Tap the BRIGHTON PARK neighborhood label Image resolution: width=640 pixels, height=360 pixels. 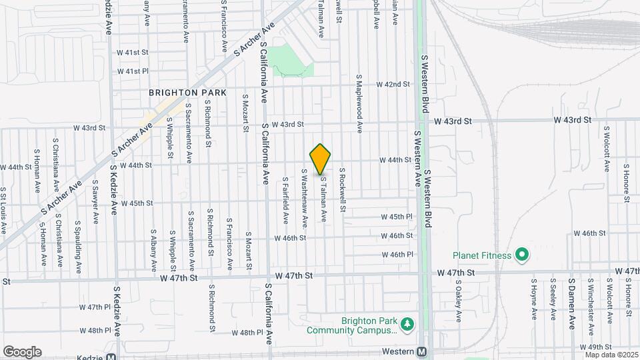[x=188, y=93]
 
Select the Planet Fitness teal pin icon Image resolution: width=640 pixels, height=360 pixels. [x=523, y=255]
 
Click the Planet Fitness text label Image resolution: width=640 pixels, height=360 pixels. [x=482, y=255]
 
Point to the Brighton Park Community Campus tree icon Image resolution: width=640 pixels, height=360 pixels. [x=407, y=325]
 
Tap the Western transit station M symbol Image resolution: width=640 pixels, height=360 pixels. [x=421, y=351]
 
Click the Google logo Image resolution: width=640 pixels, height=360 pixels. [x=22, y=352]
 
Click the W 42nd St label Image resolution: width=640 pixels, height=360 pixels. [x=393, y=85]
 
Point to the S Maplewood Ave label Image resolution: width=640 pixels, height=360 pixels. [x=359, y=103]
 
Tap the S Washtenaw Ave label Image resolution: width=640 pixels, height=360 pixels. [x=305, y=198]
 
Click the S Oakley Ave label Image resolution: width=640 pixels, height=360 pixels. [x=459, y=301]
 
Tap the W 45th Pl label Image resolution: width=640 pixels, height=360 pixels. [x=397, y=217]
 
